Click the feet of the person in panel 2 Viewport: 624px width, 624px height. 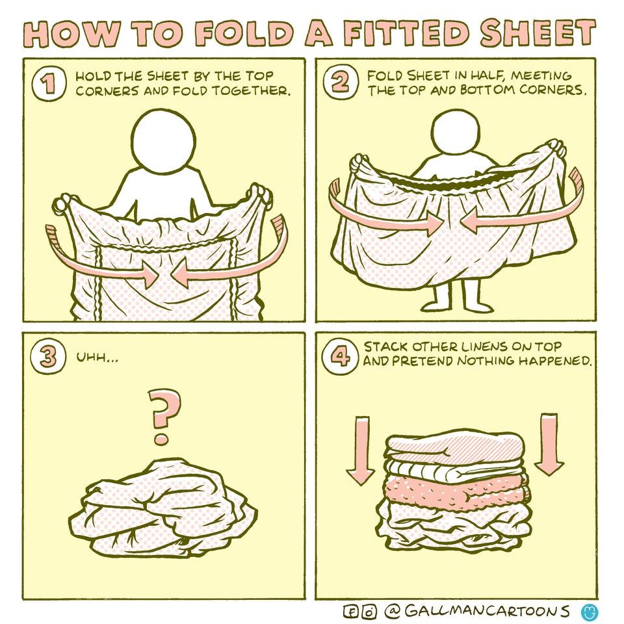[x=455, y=304]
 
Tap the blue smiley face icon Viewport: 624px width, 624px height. [x=590, y=612]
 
